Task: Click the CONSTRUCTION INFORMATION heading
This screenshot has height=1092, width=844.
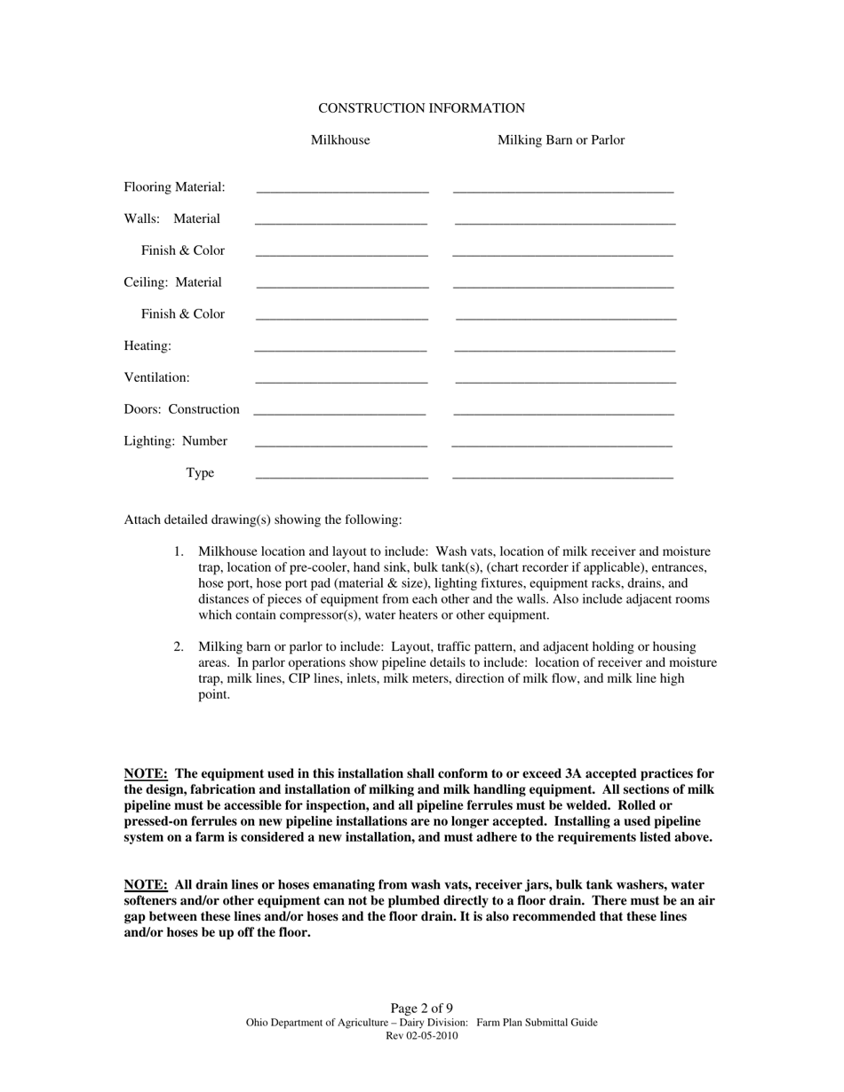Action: pyautogui.click(x=421, y=108)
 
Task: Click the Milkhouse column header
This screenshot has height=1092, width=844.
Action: pyautogui.click(x=340, y=140)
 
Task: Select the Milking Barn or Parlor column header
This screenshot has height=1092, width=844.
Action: pyautogui.click(x=561, y=140)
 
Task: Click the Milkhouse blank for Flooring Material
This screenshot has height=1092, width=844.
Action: pyautogui.click(x=342, y=188)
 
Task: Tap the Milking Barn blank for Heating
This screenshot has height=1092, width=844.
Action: pyautogui.click(x=564, y=347)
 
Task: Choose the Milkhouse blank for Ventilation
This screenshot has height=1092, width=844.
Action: pyautogui.click(x=341, y=379)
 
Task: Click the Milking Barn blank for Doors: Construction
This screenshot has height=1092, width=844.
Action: pyautogui.click(x=563, y=411)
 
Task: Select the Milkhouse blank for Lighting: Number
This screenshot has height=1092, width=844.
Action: pyautogui.click(x=341, y=442)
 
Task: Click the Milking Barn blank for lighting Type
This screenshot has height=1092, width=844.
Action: pyautogui.click(x=562, y=474)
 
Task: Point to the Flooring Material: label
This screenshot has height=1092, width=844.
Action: pyautogui.click(x=174, y=187)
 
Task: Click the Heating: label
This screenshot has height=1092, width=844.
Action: pyautogui.click(x=147, y=346)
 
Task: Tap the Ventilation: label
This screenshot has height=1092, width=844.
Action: pyautogui.click(x=156, y=377)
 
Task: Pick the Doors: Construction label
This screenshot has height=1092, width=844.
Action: pyautogui.click(x=181, y=409)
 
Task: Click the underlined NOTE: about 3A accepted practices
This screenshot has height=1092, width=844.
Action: pyautogui.click(x=146, y=774)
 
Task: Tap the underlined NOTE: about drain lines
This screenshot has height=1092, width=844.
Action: pyautogui.click(x=146, y=885)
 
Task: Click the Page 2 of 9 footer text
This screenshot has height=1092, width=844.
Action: pyautogui.click(x=421, y=1009)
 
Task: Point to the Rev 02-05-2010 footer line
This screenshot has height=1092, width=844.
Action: pyautogui.click(x=421, y=1036)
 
